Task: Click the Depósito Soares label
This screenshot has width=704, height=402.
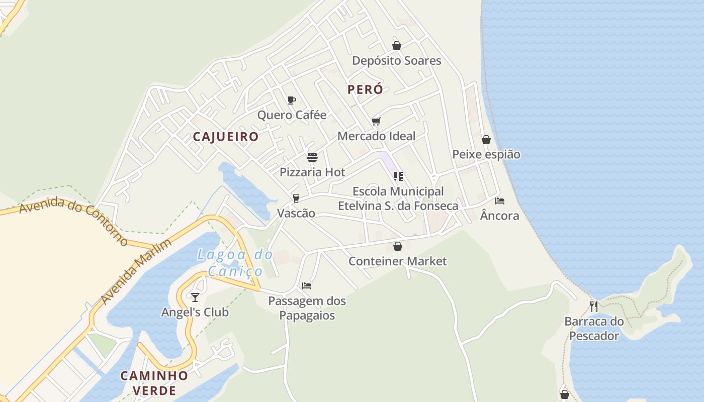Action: [x=396, y=61]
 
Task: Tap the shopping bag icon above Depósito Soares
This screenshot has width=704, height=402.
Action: [x=397, y=46]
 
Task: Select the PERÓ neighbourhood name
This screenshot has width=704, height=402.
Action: [x=365, y=90]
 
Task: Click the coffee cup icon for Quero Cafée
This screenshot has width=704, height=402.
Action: [x=291, y=100]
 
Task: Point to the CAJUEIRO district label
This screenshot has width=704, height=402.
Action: [x=226, y=137]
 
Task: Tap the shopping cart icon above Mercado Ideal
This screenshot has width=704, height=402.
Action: [x=376, y=121]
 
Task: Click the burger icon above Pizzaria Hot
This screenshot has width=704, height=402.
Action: [x=312, y=157]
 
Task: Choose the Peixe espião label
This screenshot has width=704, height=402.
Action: [x=486, y=154]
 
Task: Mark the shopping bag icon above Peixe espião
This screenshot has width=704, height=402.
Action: [x=486, y=140]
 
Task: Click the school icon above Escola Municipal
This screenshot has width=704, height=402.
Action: [x=398, y=176]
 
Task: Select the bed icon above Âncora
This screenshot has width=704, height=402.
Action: [x=499, y=201]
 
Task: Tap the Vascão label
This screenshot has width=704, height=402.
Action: [x=296, y=214]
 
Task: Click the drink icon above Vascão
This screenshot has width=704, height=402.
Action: [x=296, y=198]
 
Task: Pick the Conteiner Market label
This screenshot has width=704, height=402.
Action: [x=397, y=261]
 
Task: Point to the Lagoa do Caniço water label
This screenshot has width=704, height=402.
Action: [x=235, y=263]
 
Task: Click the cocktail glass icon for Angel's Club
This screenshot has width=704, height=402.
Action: [x=195, y=297]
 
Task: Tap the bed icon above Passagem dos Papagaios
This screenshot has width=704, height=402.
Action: [x=307, y=286]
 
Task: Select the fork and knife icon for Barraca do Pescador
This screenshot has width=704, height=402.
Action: [x=594, y=306]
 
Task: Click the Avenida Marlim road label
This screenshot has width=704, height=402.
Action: [x=136, y=271]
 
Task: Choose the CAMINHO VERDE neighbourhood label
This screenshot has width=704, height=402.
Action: [x=154, y=383]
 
